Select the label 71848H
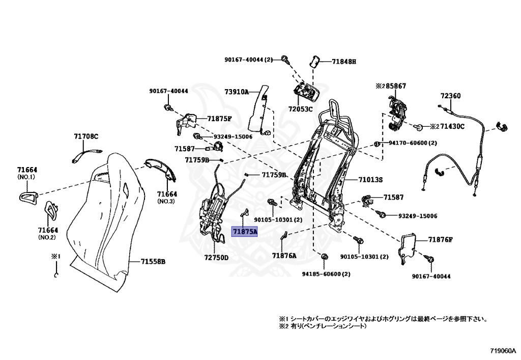click(344, 62)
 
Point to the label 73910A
click(237, 92)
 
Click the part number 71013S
click(370, 180)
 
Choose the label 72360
click(450, 96)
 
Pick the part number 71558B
click(153, 262)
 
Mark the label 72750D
click(216, 258)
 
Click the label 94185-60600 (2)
click(326, 274)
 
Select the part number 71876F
click(440, 239)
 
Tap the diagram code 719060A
click(503, 351)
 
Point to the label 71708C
click(86, 136)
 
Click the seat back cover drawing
click(107, 219)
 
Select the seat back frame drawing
click(323, 163)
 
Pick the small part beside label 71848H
click(314, 62)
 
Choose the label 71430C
click(452, 126)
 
